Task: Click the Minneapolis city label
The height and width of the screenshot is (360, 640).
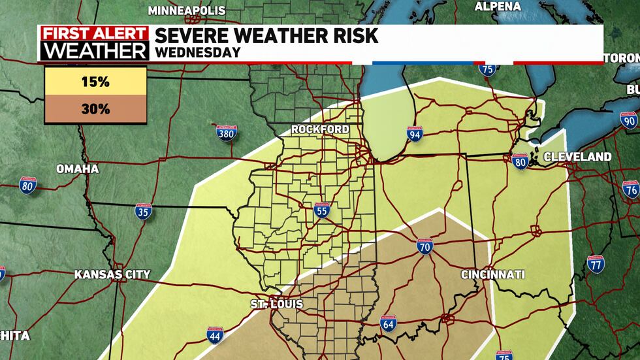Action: pyautogui.click(x=187, y=10)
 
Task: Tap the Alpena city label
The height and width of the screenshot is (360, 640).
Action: pyautogui.click(x=498, y=7)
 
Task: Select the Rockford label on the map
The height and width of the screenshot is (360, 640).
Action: pyautogui.click(x=320, y=129)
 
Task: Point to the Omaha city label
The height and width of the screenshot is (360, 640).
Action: pyautogui.click(x=77, y=169)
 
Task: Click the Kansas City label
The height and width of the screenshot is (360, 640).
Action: pyautogui.click(x=112, y=274)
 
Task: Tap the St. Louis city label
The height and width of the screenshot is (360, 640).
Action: pyautogui.click(x=276, y=304)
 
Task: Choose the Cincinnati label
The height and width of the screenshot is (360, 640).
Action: pyautogui.click(x=492, y=274)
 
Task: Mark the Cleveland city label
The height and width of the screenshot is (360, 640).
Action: pyautogui.click(x=577, y=157)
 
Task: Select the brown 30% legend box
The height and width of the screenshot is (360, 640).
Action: pyautogui.click(x=95, y=109)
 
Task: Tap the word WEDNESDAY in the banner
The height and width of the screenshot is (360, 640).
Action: pyautogui.click(x=197, y=52)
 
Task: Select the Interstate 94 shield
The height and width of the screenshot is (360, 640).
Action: pyautogui.click(x=415, y=135)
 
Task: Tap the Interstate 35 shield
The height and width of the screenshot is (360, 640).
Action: pyautogui.click(x=144, y=211)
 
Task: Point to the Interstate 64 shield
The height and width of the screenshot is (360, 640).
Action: pyautogui.click(x=389, y=323)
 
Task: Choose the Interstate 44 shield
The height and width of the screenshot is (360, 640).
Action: pyautogui.click(x=214, y=336)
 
